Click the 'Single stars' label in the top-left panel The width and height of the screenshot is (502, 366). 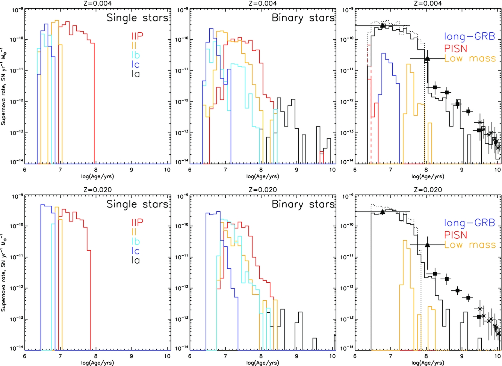(137, 18)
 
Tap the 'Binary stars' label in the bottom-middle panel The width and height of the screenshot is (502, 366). (303, 204)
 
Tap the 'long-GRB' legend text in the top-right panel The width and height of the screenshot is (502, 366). (470, 37)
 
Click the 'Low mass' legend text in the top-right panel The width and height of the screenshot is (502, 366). (470, 58)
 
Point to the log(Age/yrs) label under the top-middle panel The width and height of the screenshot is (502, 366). (263, 176)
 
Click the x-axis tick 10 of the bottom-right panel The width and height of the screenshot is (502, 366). (497, 356)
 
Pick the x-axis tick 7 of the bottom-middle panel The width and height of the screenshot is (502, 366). (225, 356)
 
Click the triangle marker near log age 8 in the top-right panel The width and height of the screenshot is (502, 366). (427, 59)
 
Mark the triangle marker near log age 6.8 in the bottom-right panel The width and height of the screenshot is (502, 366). (383, 212)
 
